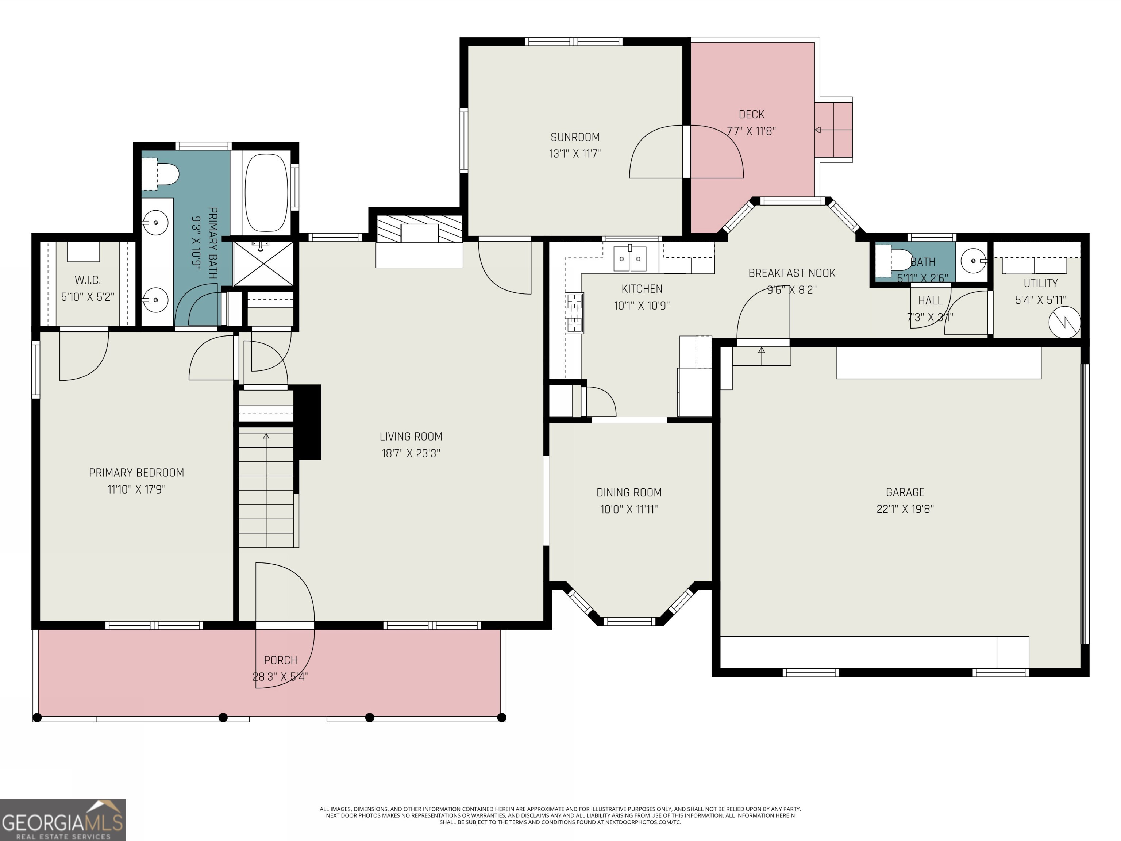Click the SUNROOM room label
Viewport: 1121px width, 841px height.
(x=575, y=137)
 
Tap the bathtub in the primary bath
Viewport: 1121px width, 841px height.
(x=267, y=193)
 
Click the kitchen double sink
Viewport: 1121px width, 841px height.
(x=630, y=258)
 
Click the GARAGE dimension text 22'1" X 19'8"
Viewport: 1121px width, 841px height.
(x=905, y=508)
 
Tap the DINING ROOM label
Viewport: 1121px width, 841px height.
(x=629, y=492)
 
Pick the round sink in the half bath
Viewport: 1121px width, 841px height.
(x=974, y=261)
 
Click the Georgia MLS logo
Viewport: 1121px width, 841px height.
(x=62, y=820)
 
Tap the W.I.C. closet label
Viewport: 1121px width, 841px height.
(x=88, y=280)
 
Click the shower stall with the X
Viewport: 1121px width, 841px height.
(x=263, y=264)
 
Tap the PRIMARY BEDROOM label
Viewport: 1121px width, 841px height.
(x=136, y=472)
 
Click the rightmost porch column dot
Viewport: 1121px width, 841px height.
(x=501, y=717)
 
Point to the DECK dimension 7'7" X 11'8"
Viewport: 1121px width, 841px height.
(x=751, y=131)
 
